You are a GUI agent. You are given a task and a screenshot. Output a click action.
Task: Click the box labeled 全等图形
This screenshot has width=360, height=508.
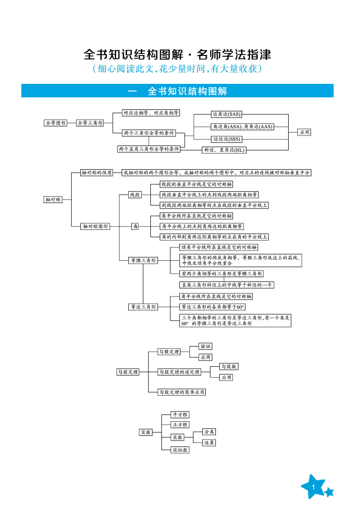pos(55,123)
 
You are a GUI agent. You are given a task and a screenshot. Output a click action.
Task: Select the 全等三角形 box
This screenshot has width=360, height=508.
pos(90,123)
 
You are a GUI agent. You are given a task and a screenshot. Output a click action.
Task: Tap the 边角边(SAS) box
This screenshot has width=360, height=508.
pos(227,114)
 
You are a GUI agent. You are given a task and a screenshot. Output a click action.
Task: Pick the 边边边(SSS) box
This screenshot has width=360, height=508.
pos(227,139)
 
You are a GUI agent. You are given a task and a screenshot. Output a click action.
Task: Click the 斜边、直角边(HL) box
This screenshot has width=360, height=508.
pos(225,150)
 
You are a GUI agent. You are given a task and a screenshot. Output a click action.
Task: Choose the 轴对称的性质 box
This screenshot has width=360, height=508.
pos(97,172)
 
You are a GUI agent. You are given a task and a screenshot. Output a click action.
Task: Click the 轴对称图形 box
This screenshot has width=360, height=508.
pos(95,226)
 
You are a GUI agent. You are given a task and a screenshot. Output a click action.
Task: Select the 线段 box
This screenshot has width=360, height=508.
pos(135,194)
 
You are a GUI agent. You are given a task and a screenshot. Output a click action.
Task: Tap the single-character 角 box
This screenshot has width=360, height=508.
pos(135,226)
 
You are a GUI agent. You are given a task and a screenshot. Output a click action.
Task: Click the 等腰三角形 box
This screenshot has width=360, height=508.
pos(143,260)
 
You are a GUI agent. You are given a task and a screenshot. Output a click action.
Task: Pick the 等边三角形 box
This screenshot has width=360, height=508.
pos(143,307)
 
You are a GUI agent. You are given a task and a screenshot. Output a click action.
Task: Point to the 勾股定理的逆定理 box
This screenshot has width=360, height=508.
pos(179,372)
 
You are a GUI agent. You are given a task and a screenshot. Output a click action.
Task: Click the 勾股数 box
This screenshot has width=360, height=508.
pos(229,366)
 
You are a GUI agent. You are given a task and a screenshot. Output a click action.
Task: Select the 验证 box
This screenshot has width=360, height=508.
pos(206,346)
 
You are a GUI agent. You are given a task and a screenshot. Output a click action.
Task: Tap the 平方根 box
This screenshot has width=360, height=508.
pos(181,414)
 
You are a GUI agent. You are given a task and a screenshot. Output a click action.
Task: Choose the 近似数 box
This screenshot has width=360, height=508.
pos(181,450)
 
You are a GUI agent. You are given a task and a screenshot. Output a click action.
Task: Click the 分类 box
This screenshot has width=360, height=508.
pos(209,432)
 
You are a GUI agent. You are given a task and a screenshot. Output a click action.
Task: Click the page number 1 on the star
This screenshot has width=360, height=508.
pos(313,489)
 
